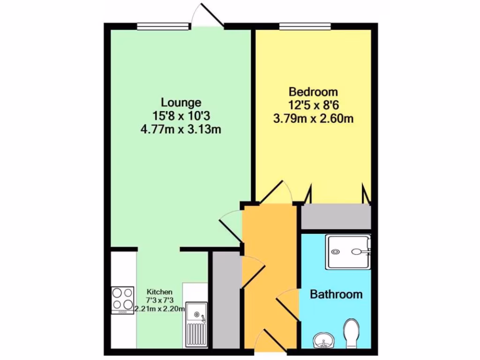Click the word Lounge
click(x=181, y=102)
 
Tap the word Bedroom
click(x=313, y=91)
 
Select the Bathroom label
click(x=336, y=294)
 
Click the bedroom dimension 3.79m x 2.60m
click(x=313, y=119)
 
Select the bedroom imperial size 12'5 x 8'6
click(x=313, y=105)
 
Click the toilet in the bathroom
click(x=351, y=333)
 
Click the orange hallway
click(x=270, y=272)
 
